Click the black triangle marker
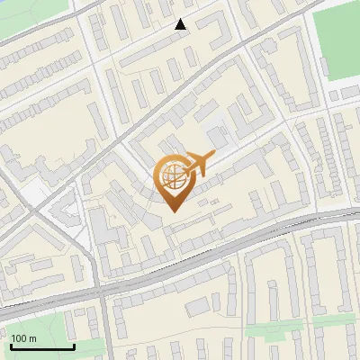tap(181, 24)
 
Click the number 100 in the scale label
tap(19, 337)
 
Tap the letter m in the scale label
tap(32, 337)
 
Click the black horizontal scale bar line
tap(42, 346)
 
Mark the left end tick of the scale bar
tap(11, 345)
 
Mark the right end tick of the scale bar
tap(74, 345)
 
